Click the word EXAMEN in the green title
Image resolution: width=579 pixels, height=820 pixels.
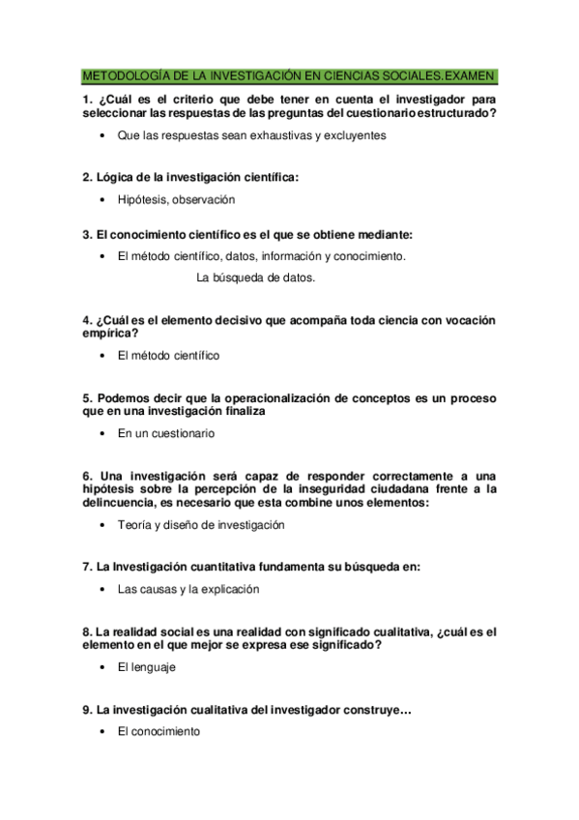pyautogui.click(x=471, y=75)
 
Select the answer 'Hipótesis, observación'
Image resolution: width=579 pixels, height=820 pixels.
pyautogui.click(x=176, y=199)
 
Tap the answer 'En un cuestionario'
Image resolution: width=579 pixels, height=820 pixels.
pyautogui.click(x=165, y=433)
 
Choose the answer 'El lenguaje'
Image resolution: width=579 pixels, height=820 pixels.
pyautogui.click(x=147, y=666)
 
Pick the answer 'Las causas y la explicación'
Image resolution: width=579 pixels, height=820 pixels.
pyautogui.click(x=188, y=588)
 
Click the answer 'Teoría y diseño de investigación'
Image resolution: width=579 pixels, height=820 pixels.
pyautogui.click(x=201, y=525)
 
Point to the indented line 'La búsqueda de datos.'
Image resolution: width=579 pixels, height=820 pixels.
pyautogui.click(x=255, y=278)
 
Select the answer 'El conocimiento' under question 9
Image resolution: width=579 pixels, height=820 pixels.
pyautogui.click(x=159, y=732)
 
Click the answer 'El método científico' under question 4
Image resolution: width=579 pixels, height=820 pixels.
pyautogui.click(x=168, y=355)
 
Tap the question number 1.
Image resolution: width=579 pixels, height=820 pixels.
pyautogui.click(x=87, y=99)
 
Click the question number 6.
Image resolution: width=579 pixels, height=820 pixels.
pyautogui.click(x=87, y=475)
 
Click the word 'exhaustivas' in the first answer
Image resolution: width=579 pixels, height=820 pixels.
pyautogui.click(x=274, y=135)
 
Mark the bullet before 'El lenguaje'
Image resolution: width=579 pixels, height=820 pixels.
pyautogui.click(x=102, y=666)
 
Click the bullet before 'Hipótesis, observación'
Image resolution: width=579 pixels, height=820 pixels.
pyautogui.click(x=102, y=199)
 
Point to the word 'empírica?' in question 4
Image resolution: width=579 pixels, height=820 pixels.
pyautogui.click(x=111, y=333)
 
